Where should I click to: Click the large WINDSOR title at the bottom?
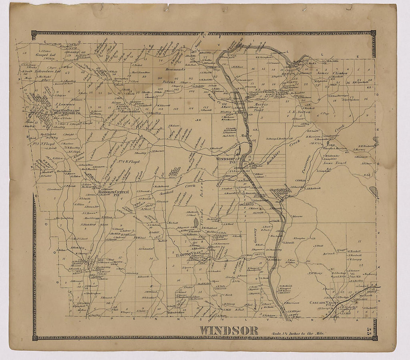pos(228,330)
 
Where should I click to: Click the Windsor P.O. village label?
pos(226,160)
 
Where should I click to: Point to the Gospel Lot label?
pos(45,55)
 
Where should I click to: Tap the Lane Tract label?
pos(334,163)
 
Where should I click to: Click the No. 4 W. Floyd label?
pos(121,162)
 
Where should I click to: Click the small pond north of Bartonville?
pos(196,222)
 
